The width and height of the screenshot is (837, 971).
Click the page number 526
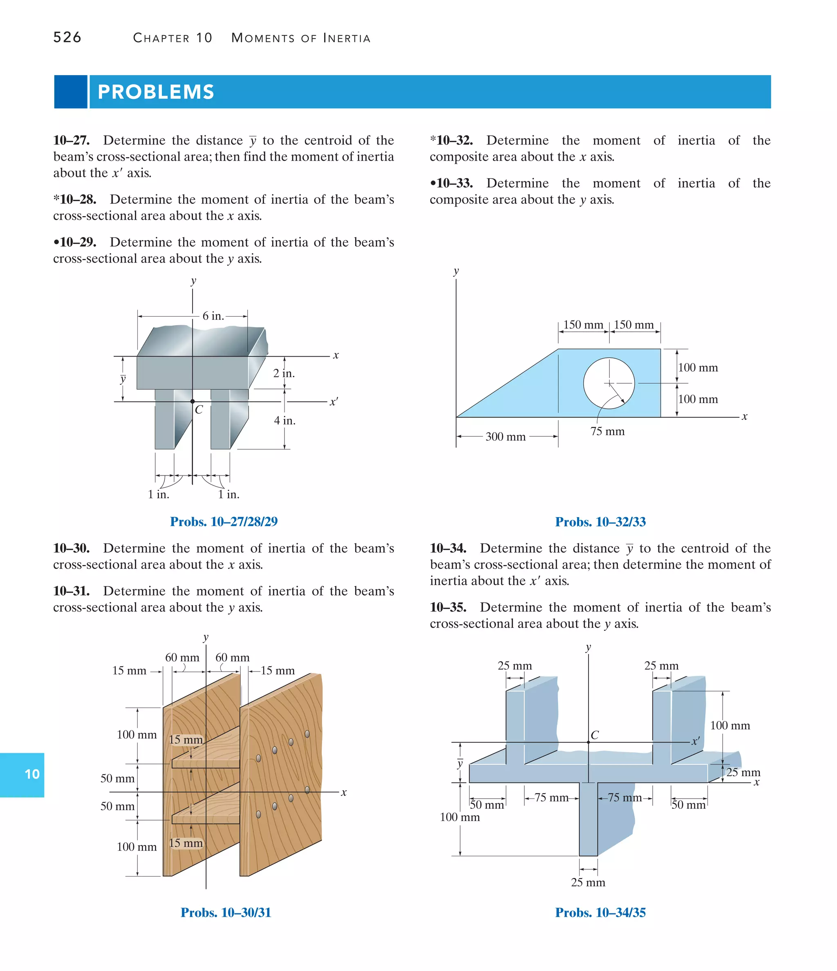click(67, 38)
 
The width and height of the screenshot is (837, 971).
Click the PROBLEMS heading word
click(156, 92)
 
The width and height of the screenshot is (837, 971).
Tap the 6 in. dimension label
click(213, 316)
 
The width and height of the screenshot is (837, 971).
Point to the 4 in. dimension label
click(284, 420)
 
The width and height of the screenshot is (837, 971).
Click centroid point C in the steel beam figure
click(192, 402)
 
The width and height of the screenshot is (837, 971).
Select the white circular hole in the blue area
click(609, 383)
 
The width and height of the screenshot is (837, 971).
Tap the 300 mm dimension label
click(505, 437)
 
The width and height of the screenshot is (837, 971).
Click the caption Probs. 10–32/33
click(600, 522)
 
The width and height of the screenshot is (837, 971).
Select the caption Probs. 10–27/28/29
click(224, 522)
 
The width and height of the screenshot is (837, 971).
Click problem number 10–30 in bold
click(71, 548)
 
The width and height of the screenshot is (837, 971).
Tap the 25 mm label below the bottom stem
click(588, 882)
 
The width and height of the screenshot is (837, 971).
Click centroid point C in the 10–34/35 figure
click(589, 742)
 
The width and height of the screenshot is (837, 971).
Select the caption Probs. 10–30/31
click(226, 913)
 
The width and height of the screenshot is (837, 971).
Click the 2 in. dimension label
click(284, 373)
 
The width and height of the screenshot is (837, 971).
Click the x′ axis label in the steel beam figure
click(333, 402)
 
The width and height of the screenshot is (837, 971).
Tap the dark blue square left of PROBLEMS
click(70, 92)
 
